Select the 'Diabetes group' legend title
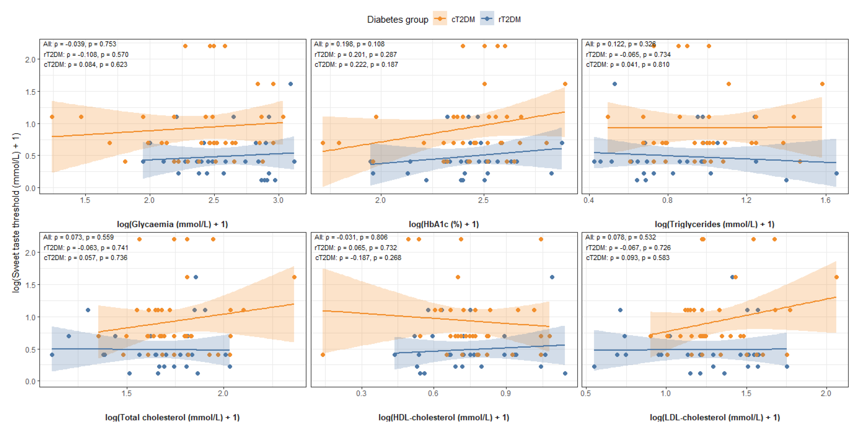pyautogui.click(x=397, y=19)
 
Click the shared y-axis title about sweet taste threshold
pyautogui.click(x=16, y=213)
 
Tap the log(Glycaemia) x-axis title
pyautogui.click(x=172, y=224)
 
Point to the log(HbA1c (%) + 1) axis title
pyautogui.click(x=444, y=224)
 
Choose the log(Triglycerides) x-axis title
pyautogui.click(x=714, y=224)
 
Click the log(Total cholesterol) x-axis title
pyautogui.click(x=172, y=417)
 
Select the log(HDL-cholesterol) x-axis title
pyautogui.click(x=444, y=417)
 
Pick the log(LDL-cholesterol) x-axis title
pyautogui.click(x=714, y=417)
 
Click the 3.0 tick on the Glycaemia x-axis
pyautogui.click(x=278, y=200)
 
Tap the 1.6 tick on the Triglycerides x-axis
pyautogui.click(x=825, y=200)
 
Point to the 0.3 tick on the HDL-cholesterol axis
pyautogui.click(x=361, y=393)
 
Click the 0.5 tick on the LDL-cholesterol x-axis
pyautogui.click(x=585, y=393)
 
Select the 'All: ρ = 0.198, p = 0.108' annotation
pyautogui.click(x=349, y=44)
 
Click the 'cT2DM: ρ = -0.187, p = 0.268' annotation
pyautogui.click(x=358, y=257)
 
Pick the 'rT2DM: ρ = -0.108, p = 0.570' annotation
pyautogui.click(x=86, y=54)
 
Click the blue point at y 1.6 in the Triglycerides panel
pyautogui.click(x=615, y=84)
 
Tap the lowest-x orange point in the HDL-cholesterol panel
pyautogui.click(x=323, y=355)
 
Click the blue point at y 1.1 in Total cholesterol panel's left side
pyautogui.click(x=88, y=310)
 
